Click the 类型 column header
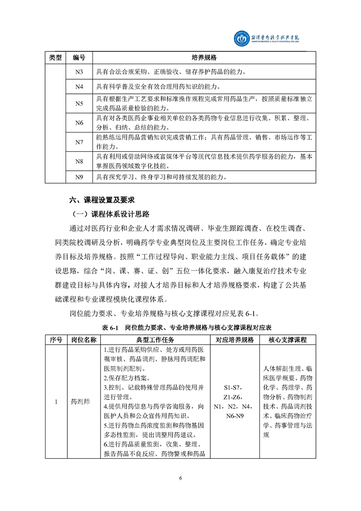[x=55, y=58]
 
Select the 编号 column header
[x=79, y=58]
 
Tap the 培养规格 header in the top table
[x=203, y=58]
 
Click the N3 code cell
[x=79, y=72]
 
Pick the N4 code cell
[x=79, y=87]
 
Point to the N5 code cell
[x=79, y=104]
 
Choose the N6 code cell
[x=79, y=123]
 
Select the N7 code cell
[x=79, y=142]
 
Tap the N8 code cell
[x=79, y=161]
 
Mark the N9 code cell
[x=79, y=177]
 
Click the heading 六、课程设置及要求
[x=102, y=199]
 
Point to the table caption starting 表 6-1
[x=180, y=327]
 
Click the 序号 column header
[x=56, y=340]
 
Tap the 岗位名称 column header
[x=84, y=340]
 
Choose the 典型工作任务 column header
[x=155, y=340]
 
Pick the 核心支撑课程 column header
[x=288, y=340]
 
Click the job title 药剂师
[x=80, y=402]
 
